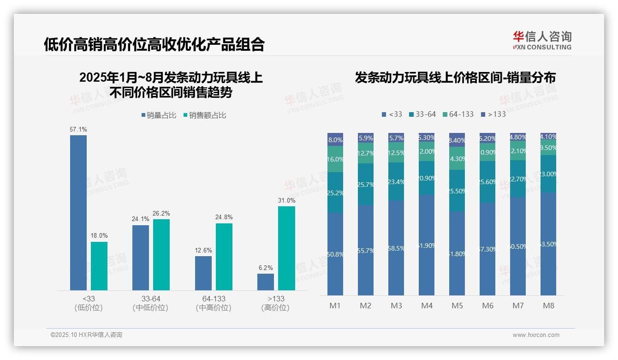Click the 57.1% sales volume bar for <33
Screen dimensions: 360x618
(78, 212)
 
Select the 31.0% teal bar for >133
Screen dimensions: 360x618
(286, 248)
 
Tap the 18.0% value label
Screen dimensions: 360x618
(99, 235)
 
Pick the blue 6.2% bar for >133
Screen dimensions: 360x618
(266, 282)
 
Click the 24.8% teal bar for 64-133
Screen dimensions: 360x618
(224, 257)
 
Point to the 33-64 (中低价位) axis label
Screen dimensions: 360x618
(150, 303)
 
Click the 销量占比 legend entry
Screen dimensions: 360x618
(159, 115)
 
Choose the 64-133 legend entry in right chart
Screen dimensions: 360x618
(458, 114)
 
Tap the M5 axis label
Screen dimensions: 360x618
(457, 306)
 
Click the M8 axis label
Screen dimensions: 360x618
(548, 306)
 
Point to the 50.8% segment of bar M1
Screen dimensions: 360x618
(335, 254)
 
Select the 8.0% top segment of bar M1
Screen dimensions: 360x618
(335, 139)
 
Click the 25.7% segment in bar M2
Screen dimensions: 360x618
(366, 184)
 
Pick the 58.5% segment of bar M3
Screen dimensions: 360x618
(396, 248)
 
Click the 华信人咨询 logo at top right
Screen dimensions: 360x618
(542, 40)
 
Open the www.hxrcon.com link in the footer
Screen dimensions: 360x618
(536, 335)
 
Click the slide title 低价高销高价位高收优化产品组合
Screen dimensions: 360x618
(154, 44)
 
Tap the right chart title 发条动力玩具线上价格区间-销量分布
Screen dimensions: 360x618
(455, 78)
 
